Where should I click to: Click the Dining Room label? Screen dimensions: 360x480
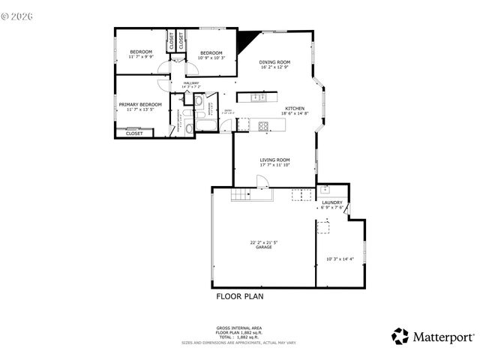[x=274, y=62]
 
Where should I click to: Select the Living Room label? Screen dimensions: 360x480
[x=274, y=160]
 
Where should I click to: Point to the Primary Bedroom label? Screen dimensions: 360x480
[x=139, y=104]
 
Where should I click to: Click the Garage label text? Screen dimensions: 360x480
[x=262, y=247]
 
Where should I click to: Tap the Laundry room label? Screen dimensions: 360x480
[x=332, y=202]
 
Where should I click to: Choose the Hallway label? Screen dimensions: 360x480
[x=190, y=83]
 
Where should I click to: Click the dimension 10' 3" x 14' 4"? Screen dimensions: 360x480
[x=339, y=259]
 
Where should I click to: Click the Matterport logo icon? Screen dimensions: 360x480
[x=400, y=336]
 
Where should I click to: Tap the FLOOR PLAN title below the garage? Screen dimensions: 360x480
[x=239, y=296]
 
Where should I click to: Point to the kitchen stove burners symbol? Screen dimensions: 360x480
[x=263, y=125]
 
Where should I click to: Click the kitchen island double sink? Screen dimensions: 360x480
[x=259, y=97]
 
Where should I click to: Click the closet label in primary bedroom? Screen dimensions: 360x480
[x=134, y=133]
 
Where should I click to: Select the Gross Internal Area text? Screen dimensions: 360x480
[x=239, y=328]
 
